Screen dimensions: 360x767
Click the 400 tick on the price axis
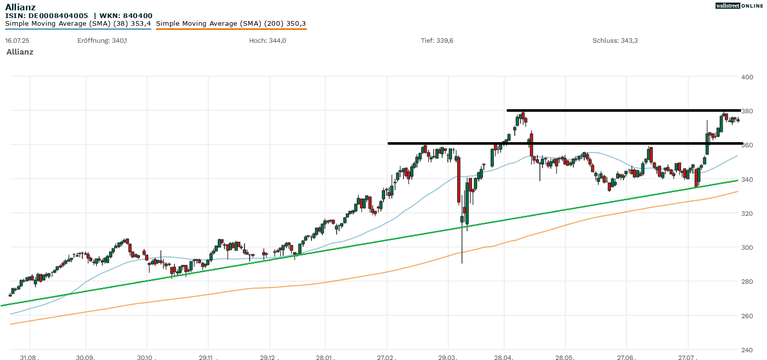coord(747,77)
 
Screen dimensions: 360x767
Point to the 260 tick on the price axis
coord(747,316)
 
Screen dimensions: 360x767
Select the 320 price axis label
coord(747,213)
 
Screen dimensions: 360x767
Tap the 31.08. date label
coord(30,356)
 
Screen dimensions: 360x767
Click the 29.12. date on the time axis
coord(269,356)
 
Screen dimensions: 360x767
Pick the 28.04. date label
coord(504,356)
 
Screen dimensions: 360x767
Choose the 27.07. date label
coord(688,356)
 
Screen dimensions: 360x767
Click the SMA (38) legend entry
coord(78,24)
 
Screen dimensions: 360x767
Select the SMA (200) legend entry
coord(231,24)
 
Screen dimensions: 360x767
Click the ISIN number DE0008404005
coord(59,15)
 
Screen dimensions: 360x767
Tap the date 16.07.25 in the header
coord(16,41)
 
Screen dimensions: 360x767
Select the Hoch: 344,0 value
coord(267,41)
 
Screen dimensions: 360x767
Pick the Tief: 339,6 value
coord(437,41)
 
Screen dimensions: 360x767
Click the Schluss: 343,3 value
coord(615,41)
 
